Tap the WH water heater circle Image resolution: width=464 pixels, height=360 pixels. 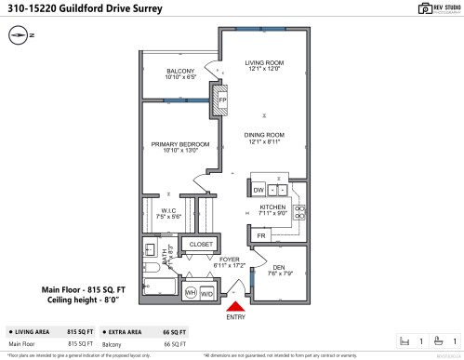(192, 292)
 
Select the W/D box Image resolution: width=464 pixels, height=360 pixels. (206, 292)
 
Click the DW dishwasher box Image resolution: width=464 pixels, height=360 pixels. (259, 189)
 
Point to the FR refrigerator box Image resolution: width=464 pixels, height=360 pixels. (261, 236)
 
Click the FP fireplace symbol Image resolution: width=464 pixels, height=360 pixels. (222, 98)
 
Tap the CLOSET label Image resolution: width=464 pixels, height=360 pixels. (201, 244)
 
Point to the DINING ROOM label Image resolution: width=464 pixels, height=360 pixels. (264, 135)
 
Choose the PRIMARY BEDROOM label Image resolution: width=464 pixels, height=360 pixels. (180, 144)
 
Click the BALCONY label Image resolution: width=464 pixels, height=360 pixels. (180, 71)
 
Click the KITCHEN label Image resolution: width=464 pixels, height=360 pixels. (272, 207)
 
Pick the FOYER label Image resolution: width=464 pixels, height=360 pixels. (230, 260)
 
